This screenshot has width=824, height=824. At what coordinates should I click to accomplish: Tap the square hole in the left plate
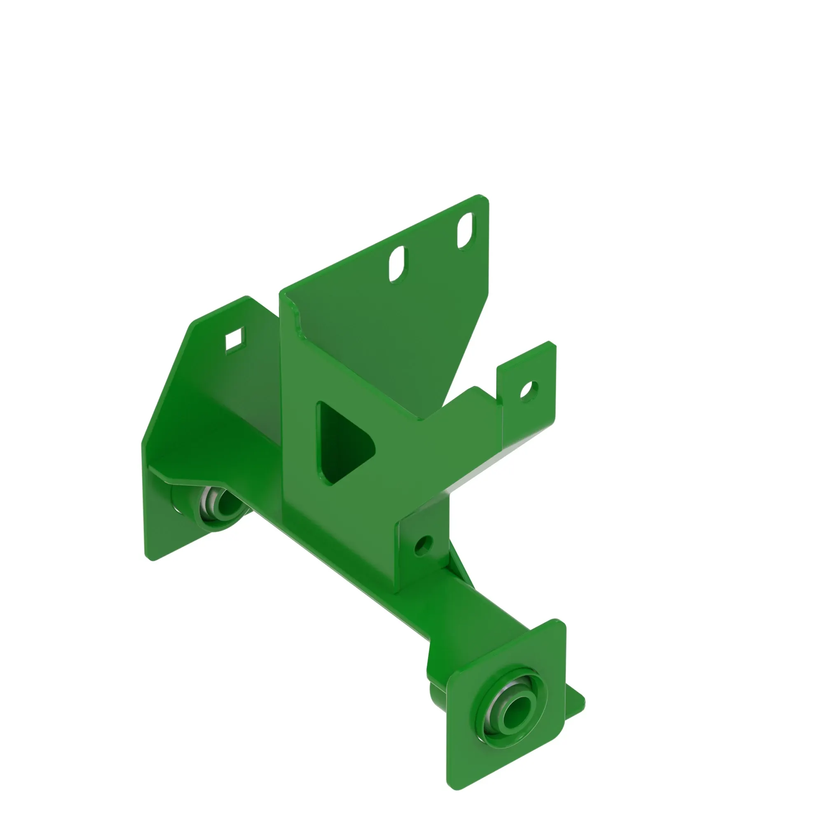point(235,340)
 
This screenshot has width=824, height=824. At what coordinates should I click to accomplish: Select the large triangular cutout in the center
point(341,444)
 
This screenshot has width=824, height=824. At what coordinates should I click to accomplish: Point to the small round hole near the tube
point(423,544)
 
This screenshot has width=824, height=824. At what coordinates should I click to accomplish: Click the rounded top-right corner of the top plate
point(485,199)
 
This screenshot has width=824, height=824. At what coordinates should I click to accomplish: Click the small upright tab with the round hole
point(528,401)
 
